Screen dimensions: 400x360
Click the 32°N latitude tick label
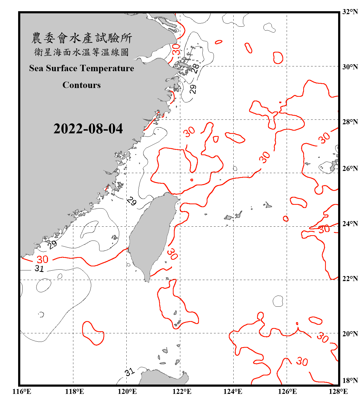(350, 12)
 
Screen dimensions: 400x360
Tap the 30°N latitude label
(350, 67)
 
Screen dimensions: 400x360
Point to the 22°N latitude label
(350, 279)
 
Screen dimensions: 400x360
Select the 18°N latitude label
(350, 381)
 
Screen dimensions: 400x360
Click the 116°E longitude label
(22, 391)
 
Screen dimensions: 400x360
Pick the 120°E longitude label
(127, 391)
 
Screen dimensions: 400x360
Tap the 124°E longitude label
(233, 391)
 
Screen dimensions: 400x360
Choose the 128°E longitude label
(338, 391)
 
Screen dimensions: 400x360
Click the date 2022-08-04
(88, 129)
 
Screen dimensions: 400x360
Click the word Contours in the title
(82, 85)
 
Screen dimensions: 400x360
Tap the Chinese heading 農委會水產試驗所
(82, 38)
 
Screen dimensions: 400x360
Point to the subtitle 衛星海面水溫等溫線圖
(82, 52)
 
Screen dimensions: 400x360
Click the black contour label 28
(195, 68)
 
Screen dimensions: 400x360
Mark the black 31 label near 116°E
(39, 269)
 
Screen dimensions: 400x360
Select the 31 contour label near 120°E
(130, 372)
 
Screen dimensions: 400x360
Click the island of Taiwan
(152, 232)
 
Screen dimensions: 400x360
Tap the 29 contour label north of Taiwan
(131, 201)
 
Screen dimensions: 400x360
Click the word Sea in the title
(36, 68)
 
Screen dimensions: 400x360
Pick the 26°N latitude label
(350, 169)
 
